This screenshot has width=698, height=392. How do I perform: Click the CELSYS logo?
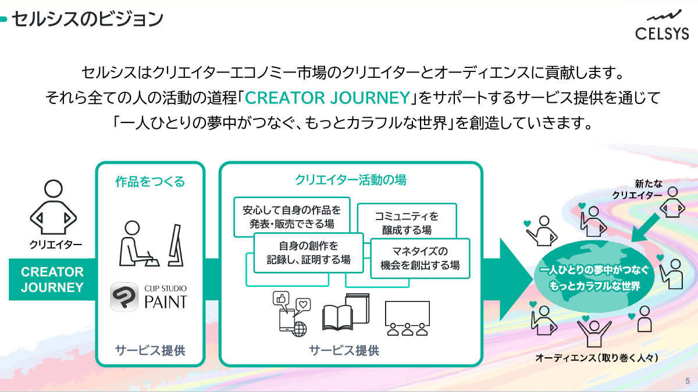[x=662, y=25]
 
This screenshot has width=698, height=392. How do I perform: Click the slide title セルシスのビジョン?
[x=87, y=19]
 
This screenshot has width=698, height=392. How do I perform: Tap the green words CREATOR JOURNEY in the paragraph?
[x=327, y=98]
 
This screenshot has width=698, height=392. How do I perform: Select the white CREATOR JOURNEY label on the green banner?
[x=52, y=279]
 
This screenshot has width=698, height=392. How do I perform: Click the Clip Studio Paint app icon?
[x=124, y=297]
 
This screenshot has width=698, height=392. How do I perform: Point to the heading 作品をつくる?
[x=150, y=181]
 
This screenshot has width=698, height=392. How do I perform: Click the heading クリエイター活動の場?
[x=351, y=180]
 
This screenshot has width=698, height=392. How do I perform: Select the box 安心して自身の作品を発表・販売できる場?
[x=292, y=217]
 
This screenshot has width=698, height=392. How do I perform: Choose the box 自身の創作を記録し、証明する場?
[x=309, y=253]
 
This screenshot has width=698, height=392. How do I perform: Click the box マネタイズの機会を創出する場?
[x=420, y=258]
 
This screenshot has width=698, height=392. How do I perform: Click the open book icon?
[x=338, y=317]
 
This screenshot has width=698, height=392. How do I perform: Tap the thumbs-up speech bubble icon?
[x=281, y=298]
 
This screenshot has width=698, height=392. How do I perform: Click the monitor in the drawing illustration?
[x=176, y=245]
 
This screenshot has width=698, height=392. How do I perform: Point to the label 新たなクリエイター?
[x=638, y=189]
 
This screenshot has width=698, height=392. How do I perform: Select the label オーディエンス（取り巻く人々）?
[x=597, y=358]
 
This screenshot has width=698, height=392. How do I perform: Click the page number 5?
[x=688, y=381]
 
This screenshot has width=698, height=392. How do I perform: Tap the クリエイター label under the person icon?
[x=55, y=244]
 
